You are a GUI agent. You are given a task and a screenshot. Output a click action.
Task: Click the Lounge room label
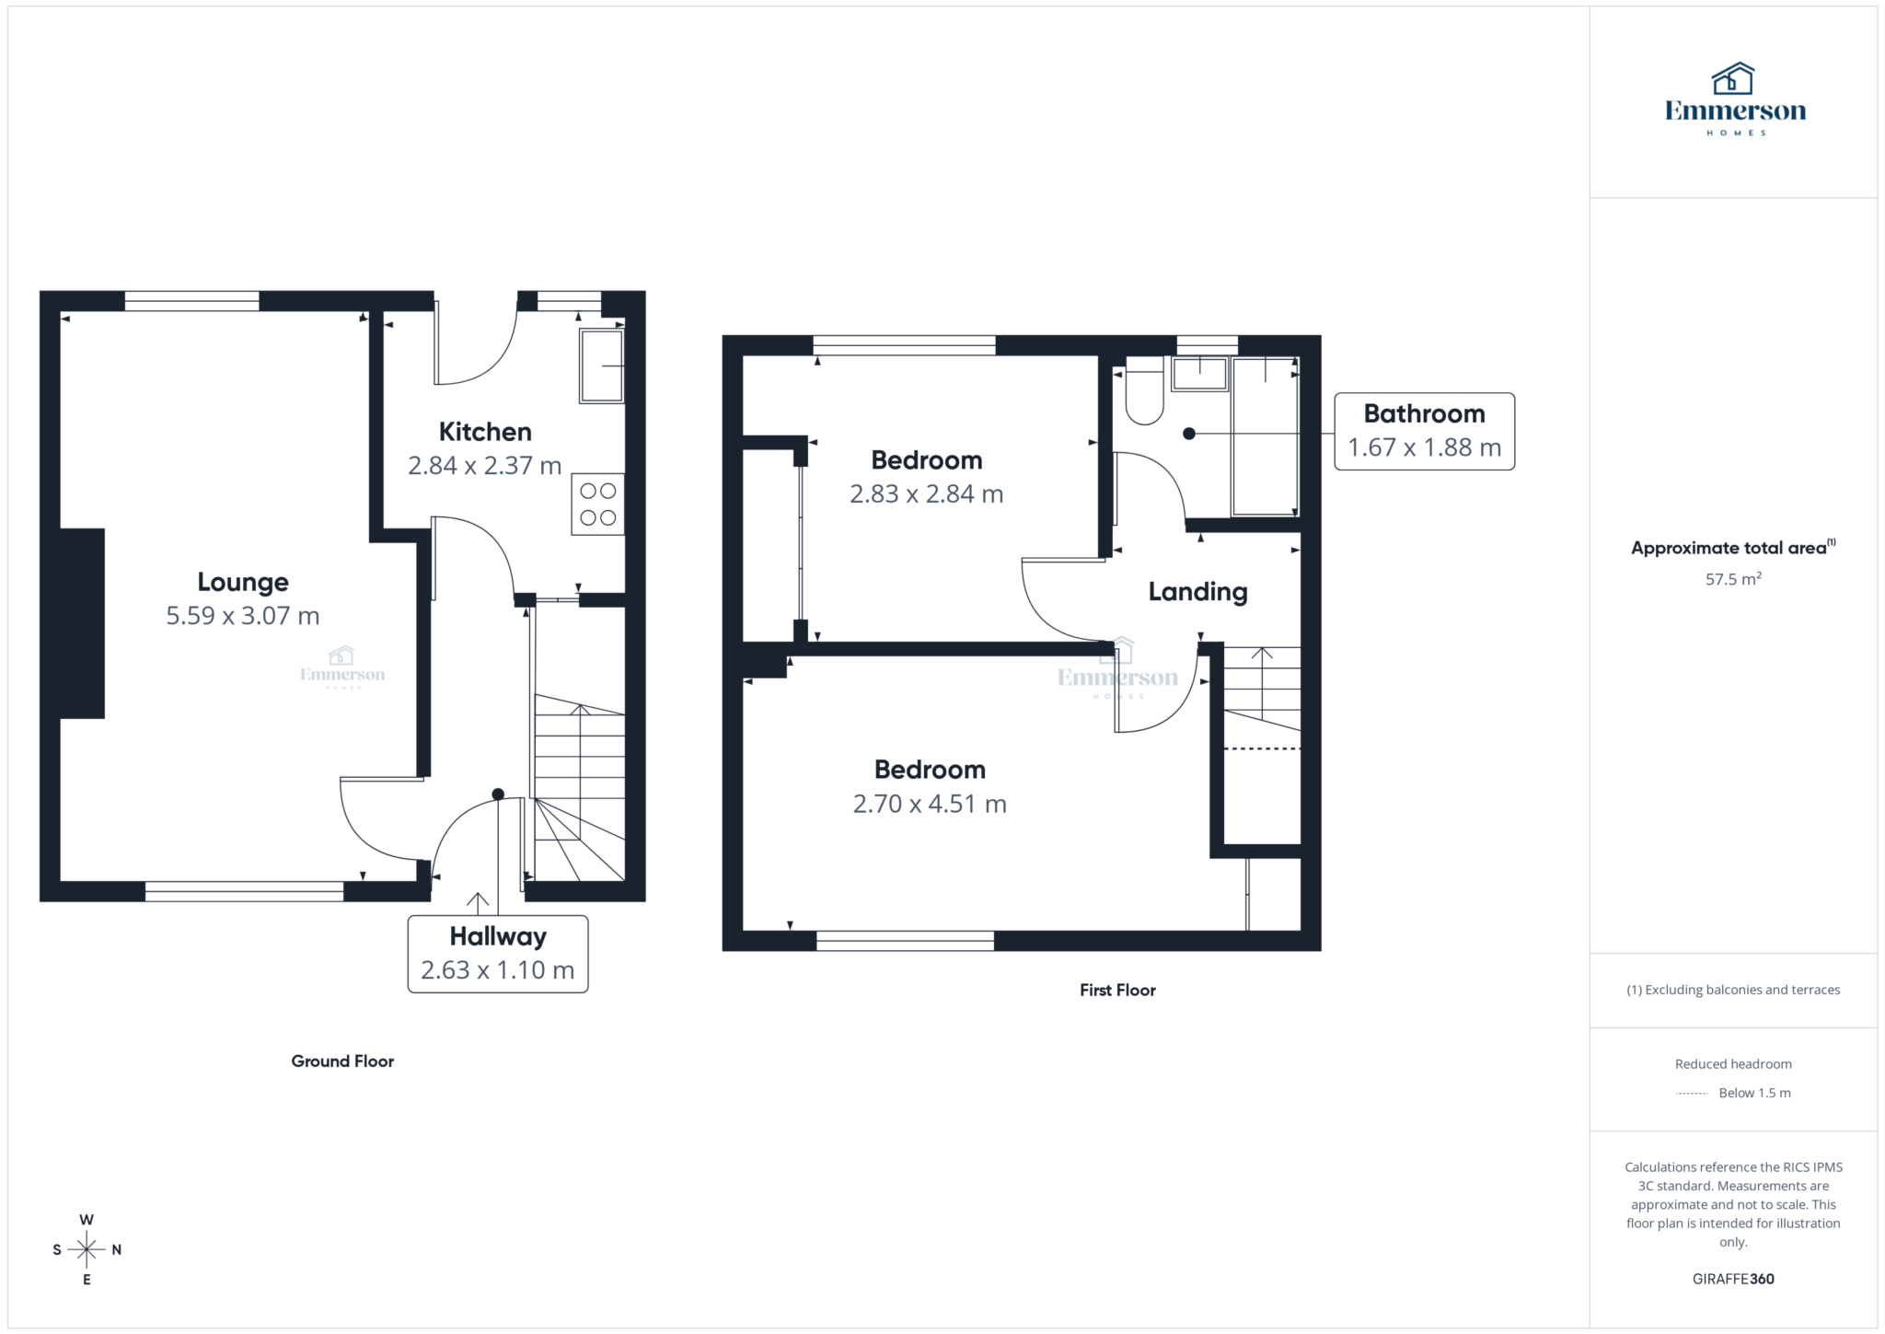pos(243,582)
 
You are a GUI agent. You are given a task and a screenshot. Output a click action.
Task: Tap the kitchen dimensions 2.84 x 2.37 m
pos(484,466)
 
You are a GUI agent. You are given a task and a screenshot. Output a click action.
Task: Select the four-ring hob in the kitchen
pos(597,505)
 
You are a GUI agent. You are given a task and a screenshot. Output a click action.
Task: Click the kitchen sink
pos(601,366)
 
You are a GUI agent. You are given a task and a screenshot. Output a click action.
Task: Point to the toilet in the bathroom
pos(1144,396)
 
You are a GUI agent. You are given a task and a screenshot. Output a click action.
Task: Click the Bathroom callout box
pos(1424,432)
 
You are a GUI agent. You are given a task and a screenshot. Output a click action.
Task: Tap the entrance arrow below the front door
pos(477,902)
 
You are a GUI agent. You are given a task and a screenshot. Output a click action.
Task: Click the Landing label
pos(1197,592)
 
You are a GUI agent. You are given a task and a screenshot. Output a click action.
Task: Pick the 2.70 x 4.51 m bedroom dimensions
pos(930,804)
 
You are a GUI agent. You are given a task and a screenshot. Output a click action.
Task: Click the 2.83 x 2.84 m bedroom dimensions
pos(926,494)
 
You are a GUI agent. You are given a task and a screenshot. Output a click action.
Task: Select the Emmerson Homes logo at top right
pos(1734,99)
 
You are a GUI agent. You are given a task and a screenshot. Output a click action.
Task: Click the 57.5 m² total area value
pos(1732,579)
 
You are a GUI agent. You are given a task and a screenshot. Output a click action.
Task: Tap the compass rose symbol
pos(87,1249)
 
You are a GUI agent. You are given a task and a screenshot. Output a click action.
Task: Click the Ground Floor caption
pos(342,1061)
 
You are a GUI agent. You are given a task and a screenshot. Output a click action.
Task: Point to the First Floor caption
pos(1117,991)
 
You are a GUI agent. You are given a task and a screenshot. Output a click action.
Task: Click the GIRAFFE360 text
pos(1732,1279)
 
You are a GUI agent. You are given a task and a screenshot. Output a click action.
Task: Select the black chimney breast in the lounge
pos(82,623)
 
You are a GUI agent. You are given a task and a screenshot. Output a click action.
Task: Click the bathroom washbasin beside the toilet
pos(1199,375)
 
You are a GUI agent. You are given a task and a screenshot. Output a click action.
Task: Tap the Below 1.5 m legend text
pos(1754,1094)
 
